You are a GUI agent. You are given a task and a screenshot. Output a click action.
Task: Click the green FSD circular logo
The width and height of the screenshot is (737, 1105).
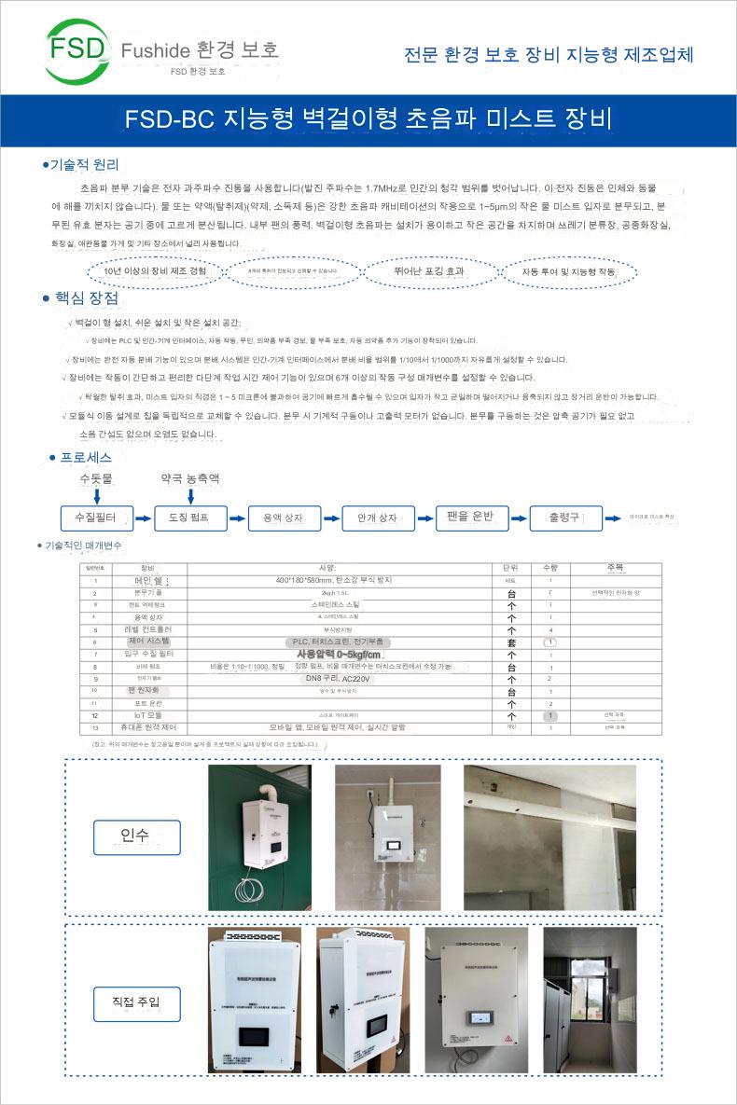click(77, 48)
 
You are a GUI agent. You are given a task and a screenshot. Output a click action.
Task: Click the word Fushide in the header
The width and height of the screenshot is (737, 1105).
click(155, 50)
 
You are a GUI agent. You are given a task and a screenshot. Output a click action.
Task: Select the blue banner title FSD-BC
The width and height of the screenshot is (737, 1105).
click(173, 119)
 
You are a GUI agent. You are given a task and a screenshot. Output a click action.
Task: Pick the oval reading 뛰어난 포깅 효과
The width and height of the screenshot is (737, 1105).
click(429, 271)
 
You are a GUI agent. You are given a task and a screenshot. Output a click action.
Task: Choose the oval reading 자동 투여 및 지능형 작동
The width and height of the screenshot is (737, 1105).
click(569, 272)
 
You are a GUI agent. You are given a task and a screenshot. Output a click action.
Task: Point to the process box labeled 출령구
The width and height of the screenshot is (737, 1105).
click(564, 518)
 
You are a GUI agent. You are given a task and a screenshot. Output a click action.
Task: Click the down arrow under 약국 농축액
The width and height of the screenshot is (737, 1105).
click(189, 494)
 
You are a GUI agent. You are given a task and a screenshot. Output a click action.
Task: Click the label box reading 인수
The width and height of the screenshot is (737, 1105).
click(136, 836)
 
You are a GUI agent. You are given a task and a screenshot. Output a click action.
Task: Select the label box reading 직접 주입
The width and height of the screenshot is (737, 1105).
click(136, 1002)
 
